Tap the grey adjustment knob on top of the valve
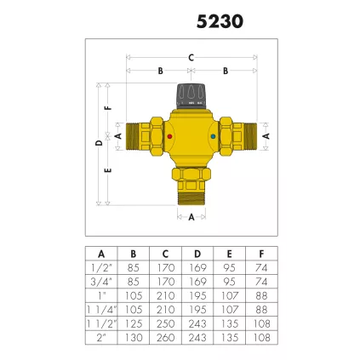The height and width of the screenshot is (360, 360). (x=191, y=95)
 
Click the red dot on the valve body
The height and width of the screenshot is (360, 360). (x=170, y=136)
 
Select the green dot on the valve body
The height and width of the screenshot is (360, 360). (x=211, y=136)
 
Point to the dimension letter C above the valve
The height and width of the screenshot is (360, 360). (x=191, y=58)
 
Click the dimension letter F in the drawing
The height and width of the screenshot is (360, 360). (x=107, y=108)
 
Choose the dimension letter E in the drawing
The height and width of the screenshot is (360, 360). (x=107, y=169)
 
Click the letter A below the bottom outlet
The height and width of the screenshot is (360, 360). (x=191, y=217)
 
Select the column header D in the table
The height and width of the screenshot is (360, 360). (x=197, y=254)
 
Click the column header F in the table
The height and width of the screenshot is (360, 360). (x=260, y=254)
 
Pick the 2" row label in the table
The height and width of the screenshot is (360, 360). (x=101, y=337)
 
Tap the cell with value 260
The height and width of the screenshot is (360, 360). (x=165, y=337)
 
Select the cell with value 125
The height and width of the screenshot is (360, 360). (x=133, y=325)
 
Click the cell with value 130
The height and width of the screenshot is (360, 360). (x=133, y=337)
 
